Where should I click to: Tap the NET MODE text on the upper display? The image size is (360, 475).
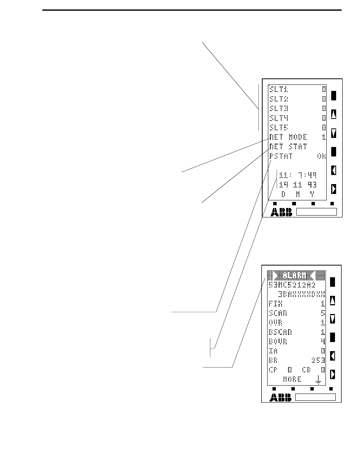point(288,137)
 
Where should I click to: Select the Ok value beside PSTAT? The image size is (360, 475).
point(321,156)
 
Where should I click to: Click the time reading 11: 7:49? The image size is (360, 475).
point(298,175)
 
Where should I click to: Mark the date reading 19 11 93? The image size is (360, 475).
point(298,185)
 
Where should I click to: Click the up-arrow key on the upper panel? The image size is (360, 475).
point(334,114)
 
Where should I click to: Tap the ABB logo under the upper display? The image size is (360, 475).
point(282,212)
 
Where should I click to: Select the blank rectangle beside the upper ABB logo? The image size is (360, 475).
point(316,212)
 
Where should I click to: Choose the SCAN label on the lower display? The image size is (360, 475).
point(277,313)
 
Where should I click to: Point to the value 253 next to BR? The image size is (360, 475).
point(318,360)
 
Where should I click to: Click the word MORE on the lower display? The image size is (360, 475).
point(292,379)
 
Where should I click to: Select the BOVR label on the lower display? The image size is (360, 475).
point(278,341)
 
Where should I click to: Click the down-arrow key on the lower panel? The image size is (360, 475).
point(333,319)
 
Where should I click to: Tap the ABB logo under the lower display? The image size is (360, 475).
point(281,397)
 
